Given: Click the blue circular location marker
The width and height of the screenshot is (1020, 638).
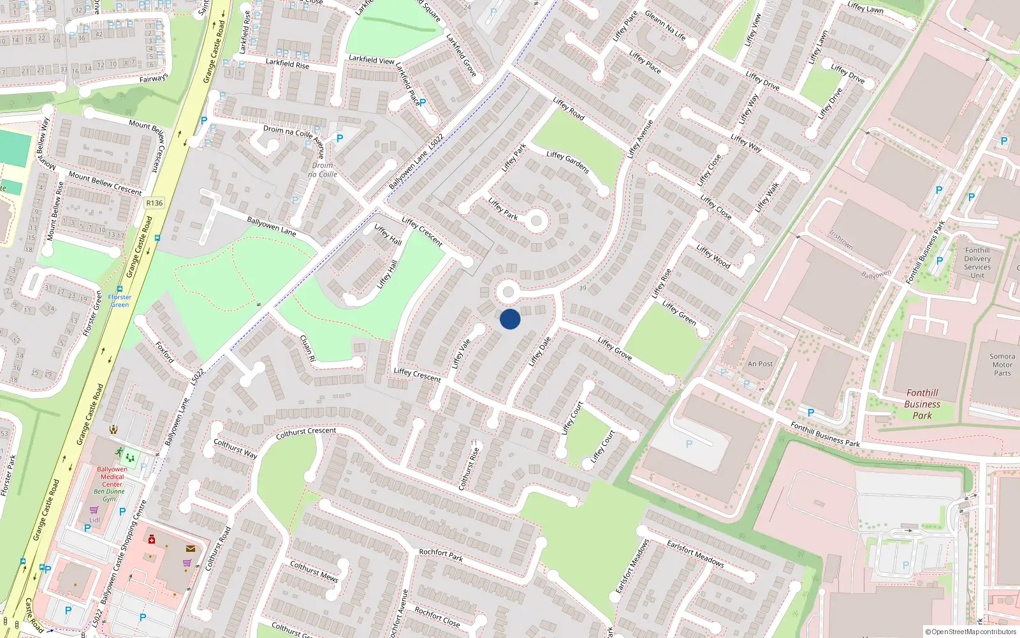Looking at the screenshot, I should [x=510, y=319].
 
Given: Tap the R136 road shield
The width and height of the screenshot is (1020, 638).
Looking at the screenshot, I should [x=154, y=203].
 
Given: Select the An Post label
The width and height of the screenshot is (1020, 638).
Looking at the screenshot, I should [x=760, y=364].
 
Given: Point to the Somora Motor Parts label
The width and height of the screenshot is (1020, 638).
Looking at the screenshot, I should [x=1002, y=365].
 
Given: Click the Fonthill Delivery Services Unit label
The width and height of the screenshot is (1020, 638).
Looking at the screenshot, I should [x=977, y=263].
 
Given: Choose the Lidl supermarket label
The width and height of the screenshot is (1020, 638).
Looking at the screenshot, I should [x=94, y=520].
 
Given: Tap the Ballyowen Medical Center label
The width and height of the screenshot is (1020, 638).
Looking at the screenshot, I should [x=112, y=477].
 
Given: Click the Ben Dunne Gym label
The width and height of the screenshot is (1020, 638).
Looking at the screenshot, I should [x=110, y=495].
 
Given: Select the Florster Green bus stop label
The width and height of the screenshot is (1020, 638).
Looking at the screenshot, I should [x=119, y=300].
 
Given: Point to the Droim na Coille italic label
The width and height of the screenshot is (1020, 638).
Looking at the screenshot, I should [x=323, y=170].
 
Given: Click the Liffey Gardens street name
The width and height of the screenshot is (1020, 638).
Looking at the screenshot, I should [x=568, y=163].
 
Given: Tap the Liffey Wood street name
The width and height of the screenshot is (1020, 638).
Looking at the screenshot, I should [x=713, y=256].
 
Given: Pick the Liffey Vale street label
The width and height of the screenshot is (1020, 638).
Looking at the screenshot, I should [x=461, y=353].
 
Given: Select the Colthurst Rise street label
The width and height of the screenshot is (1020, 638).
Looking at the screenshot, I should [x=469, y=468].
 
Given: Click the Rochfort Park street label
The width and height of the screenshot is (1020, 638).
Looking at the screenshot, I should [x=441, y=555].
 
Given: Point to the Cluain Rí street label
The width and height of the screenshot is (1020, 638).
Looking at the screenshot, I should [x=308, y=348].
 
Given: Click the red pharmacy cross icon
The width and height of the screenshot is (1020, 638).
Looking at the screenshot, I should [x=152, y=540].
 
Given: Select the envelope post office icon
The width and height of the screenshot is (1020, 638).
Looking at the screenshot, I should [x=191, y=548].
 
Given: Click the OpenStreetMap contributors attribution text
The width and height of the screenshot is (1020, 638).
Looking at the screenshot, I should [x=970, y=632].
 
